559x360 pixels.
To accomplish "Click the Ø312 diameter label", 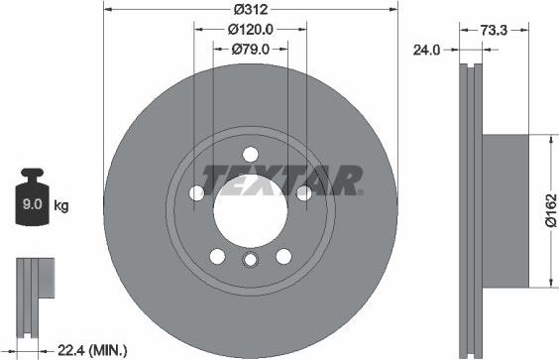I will click(x=250, y=11).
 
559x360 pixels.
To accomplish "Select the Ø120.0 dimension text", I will click(x=250, y=30).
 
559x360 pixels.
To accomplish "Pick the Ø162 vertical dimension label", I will click(x=549, y=212).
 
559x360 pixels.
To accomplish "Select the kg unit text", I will click(x=61, y=206).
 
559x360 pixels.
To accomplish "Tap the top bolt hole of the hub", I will click(x=250, y=154).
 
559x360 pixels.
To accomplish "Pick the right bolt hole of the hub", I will click(x=303, y=191).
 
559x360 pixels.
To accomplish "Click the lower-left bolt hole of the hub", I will click(x=217, y=255).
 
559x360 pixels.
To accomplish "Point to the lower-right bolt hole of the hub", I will click(x=283, y=255).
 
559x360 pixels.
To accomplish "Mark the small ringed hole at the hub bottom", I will click(x=250, y=260).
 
